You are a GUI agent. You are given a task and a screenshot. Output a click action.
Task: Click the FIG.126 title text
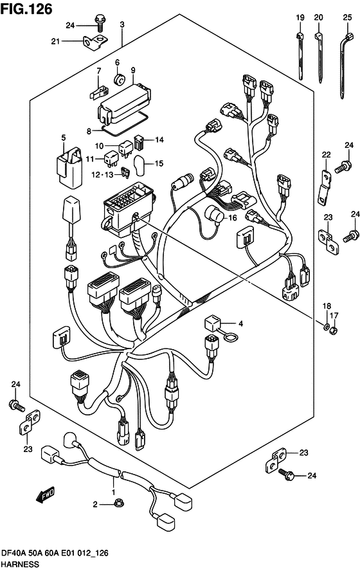[x=26, y=9]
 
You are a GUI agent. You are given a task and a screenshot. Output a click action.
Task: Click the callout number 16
[x=232, y=218]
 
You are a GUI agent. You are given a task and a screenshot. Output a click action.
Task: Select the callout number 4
[x=240, y=323]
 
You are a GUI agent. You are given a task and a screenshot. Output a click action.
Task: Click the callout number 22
[x=326, y=154]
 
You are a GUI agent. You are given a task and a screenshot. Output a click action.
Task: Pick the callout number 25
[x=347, y=17]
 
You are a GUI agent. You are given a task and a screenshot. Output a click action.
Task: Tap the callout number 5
[x=64, y=138]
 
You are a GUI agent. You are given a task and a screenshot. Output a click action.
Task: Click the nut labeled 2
[x=118, y=503]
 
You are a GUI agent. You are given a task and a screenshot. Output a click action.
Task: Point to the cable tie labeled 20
[x=319, y=57]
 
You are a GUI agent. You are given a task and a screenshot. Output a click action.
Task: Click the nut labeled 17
[x=333, y=331]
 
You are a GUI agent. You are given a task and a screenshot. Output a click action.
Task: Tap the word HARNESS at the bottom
[x=20, y=564]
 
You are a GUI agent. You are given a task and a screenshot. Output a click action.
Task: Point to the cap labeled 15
[x=139, y=165]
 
